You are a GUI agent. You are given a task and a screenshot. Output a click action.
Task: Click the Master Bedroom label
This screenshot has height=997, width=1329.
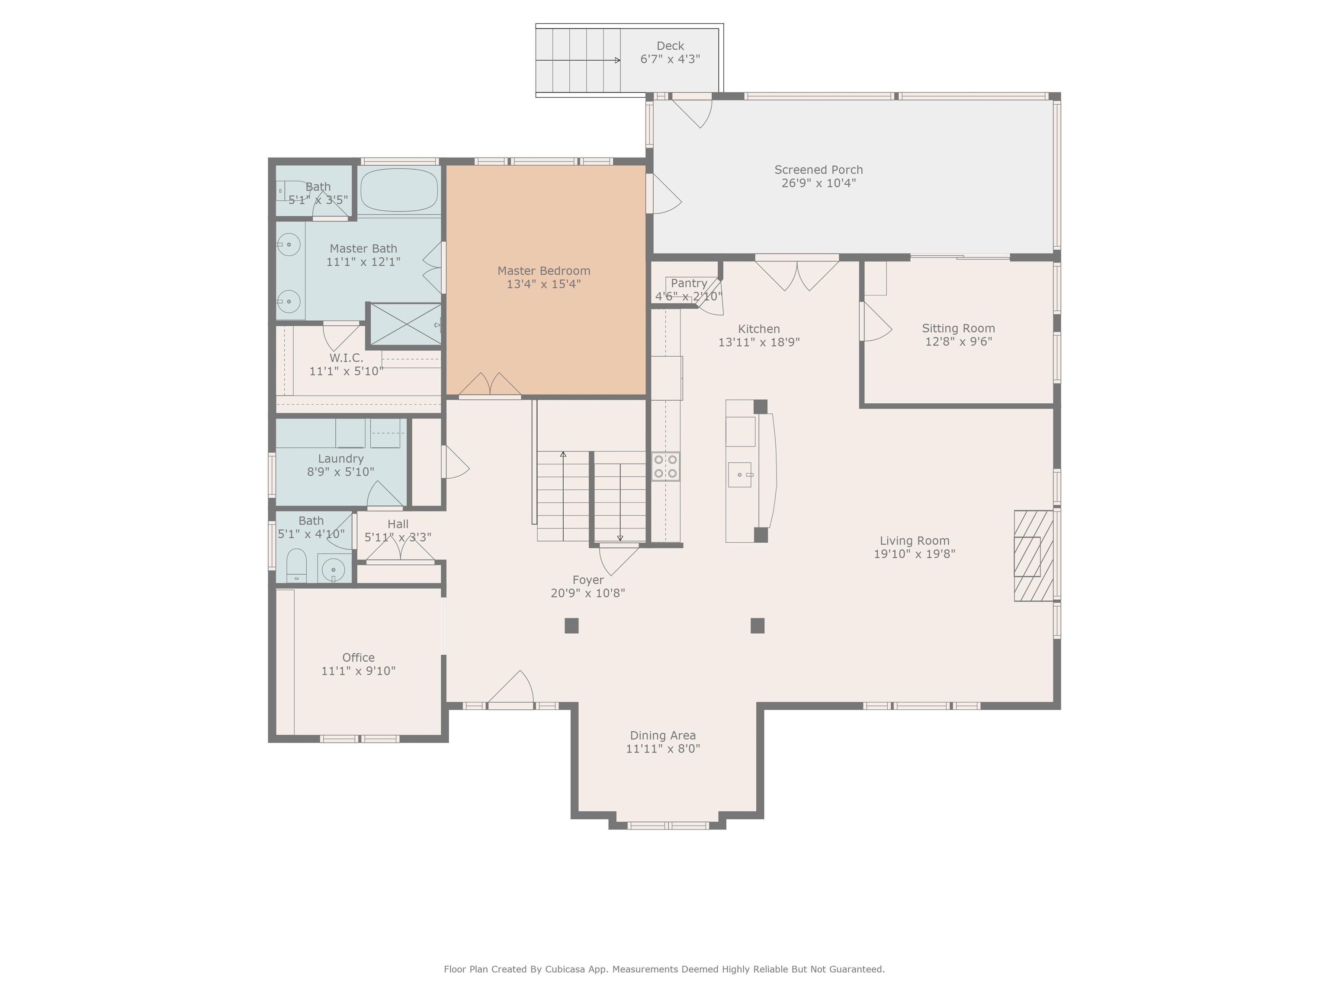point(544,271)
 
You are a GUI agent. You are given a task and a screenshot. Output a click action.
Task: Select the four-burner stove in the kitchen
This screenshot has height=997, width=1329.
point(666,466)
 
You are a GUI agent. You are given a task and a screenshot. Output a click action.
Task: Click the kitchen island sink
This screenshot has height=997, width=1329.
point(740,474)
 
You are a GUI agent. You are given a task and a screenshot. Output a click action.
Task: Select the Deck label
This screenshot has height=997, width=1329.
point(670,46)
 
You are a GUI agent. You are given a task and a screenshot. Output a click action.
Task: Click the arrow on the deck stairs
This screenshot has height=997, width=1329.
point(616,60)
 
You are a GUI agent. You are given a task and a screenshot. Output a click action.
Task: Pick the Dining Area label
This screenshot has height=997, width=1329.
point(663,736)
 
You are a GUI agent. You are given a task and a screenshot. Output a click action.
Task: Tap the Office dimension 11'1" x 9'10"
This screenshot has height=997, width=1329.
point(358,671)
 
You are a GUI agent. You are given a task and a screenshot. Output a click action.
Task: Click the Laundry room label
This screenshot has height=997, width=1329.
point(340,459)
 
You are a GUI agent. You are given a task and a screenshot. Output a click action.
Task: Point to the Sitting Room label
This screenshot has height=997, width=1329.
point(958,328)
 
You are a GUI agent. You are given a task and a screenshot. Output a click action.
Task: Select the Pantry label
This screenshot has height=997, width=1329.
point(689,283)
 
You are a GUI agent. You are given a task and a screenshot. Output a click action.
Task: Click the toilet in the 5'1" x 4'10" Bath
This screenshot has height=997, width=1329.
point(296,565)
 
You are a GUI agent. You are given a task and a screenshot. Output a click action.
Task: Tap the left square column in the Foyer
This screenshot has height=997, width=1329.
point(571,626)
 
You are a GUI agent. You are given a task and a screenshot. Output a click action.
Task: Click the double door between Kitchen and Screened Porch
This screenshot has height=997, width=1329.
point(797,274)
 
